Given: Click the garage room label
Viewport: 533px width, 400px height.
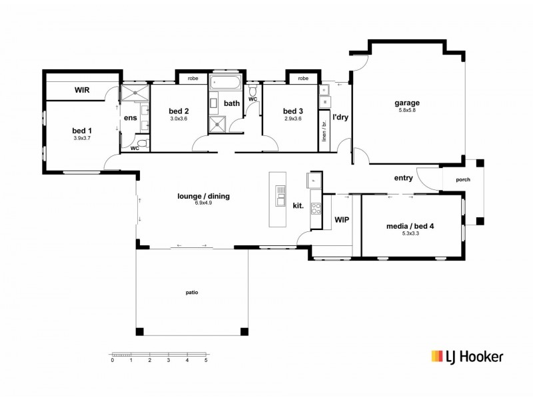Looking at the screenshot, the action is [407, 103].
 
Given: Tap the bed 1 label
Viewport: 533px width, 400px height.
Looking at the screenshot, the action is [81, 131].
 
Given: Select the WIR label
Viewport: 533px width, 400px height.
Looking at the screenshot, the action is [82, 90].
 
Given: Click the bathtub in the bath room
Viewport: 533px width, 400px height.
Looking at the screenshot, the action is [225, 82].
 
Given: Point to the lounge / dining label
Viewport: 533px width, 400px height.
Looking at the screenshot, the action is [203, 196].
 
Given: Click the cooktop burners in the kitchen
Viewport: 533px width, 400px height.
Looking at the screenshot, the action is [316, 208].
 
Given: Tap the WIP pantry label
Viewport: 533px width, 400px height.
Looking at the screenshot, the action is [342, 220].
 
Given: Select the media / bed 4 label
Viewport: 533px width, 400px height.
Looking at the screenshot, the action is [410, 226].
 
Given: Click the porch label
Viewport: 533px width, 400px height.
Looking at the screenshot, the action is [463, 179].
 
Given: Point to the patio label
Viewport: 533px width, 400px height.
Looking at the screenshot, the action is [192, 292].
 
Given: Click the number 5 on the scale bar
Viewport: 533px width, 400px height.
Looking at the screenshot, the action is [206, 360].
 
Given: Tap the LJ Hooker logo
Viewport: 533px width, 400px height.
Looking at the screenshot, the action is [467, 357].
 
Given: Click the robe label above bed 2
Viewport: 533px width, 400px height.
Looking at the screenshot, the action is [193, 79].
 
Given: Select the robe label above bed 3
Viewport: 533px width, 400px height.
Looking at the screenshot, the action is [303, 79].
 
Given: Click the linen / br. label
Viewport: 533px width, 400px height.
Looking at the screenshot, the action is [324, 131].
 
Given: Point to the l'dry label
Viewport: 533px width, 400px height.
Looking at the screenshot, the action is [340, 117].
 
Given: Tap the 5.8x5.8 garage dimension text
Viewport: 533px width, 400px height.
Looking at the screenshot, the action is [407, 110].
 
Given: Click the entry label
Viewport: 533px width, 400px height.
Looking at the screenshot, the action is [404, 178].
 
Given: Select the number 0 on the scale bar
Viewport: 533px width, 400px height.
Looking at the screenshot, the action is [113, 360].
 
